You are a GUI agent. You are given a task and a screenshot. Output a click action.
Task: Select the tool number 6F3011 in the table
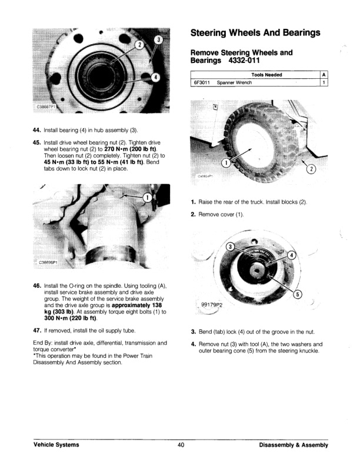(202, 83)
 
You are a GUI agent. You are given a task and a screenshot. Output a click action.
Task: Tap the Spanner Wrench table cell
(234, 83)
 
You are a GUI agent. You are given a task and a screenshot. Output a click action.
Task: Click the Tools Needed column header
(266, 75)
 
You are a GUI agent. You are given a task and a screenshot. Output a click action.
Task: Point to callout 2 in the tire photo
(311, 170)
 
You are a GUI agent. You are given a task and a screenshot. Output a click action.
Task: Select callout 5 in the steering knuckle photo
(298, 295)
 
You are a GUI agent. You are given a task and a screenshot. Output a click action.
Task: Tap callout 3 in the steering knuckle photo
(231, 246)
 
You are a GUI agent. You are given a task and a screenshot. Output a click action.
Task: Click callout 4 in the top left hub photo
(155, 77)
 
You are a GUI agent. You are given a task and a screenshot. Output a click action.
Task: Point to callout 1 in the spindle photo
(148, 197)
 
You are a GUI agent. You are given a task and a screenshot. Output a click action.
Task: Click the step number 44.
(36, 129)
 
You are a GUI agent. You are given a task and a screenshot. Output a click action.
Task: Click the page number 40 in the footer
(181, 445)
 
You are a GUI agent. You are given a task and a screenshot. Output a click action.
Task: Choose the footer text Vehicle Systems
(56, 445)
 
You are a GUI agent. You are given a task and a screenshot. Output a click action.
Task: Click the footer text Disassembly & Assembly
(293, 445)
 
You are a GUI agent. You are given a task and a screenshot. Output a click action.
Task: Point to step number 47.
(36, 330)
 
